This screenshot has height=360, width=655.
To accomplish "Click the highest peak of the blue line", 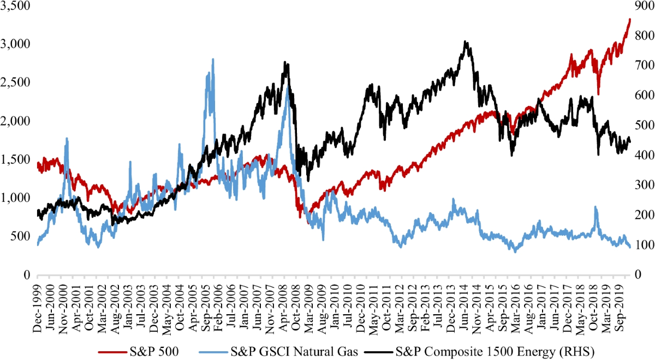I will pyautogui.click(x=212, y=59).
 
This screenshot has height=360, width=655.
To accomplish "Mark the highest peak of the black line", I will pyautogui.click(x=465, y=41).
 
